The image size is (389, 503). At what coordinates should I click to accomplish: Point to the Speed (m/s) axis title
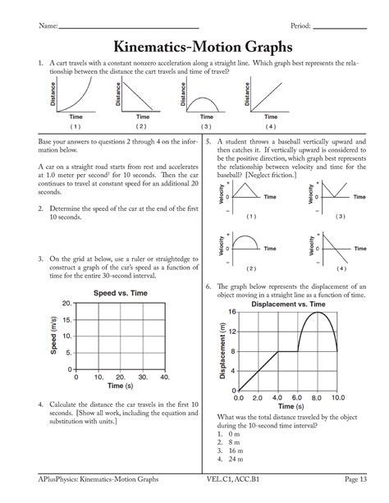[x=54, y=336]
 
